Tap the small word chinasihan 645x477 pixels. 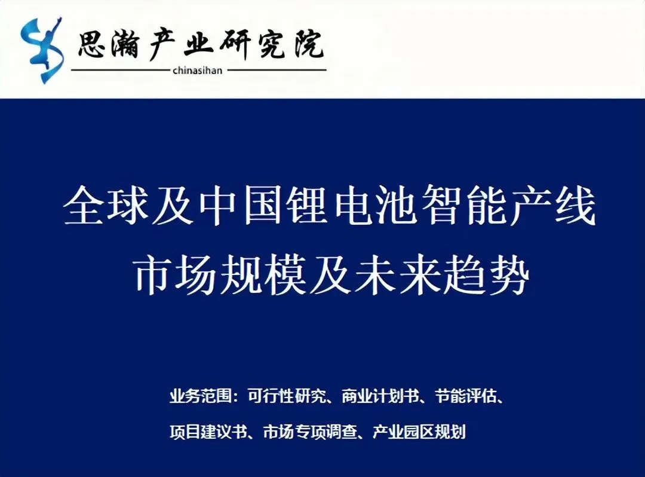pyautogui.click(x=196, y=71)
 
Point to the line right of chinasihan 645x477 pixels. pyautogui.click(x=277, y=70)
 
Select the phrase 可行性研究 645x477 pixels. pyautogui.click(x=279, y=396)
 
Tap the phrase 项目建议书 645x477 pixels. pyautogui.click(x=208, y=432)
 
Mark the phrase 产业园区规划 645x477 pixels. pyautogui.click(x=419, y=432)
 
